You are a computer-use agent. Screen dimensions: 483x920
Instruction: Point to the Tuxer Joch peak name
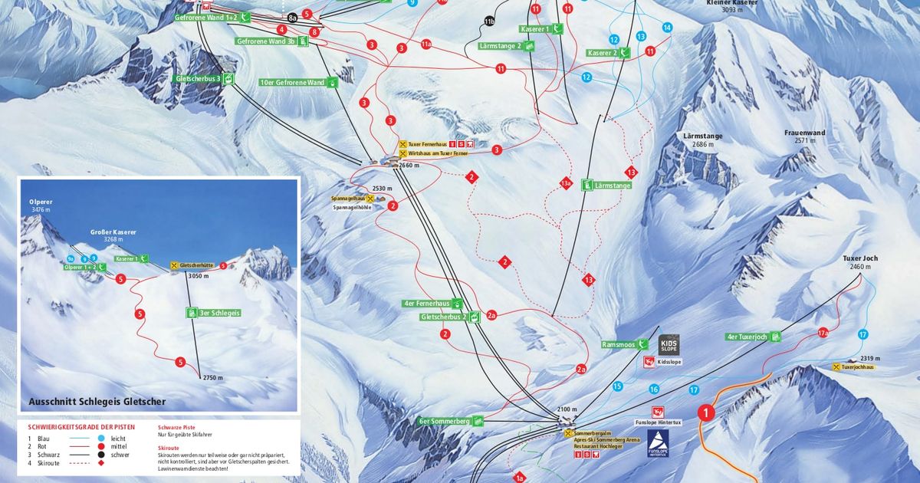pyautogui.click(x=859, y=258)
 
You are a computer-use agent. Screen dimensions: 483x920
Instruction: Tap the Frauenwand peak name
pyautogui.click(x=804, y=133)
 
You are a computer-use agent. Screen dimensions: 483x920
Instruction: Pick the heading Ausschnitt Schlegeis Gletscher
pyautogui.click(x=97, y=401)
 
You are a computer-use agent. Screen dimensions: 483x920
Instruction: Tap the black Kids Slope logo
pyautogui.click(x=669, y=344)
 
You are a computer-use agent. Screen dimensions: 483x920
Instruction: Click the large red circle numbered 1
pyautogui.click(x=705, y=413)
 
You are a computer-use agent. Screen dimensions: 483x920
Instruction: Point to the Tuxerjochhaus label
pyautogui.click(x=857, y=367)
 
